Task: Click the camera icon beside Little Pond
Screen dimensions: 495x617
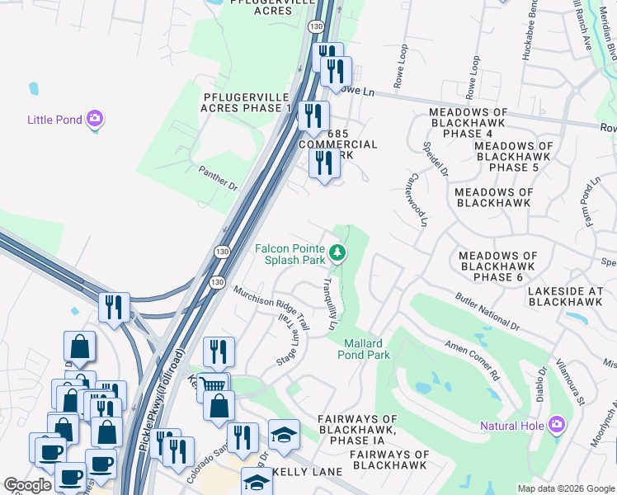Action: [95, 120]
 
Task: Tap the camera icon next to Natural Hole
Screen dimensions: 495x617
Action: [557, 425]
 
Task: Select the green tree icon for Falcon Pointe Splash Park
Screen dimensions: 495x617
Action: [336, 252]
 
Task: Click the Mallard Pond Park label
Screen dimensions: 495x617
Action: [363, 349]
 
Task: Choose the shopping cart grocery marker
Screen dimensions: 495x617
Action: [214, 385]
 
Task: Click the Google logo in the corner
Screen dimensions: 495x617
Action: [27, 485]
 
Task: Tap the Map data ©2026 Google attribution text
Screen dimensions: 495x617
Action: [566, 488]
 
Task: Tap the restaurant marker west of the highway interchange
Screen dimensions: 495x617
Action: [114, 307]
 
